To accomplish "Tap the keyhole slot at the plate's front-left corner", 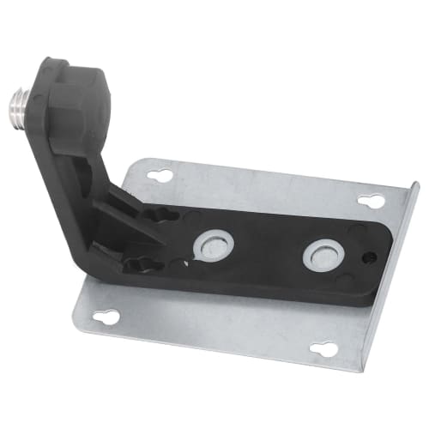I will click(108, 317).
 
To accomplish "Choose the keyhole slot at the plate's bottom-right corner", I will click(323, 349).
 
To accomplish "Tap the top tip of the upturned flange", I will click(417, 184).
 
